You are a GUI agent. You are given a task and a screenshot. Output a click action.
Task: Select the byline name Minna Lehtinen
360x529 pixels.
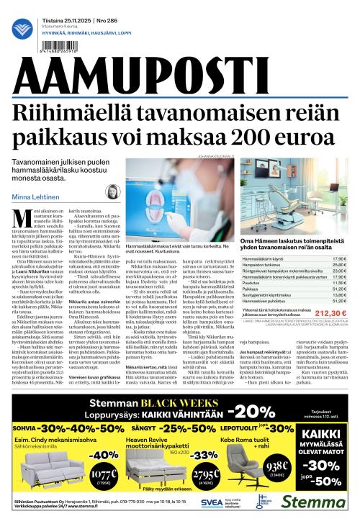click(33, 197)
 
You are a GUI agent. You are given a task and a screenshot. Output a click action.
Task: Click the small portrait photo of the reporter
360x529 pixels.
click(114, 194)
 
